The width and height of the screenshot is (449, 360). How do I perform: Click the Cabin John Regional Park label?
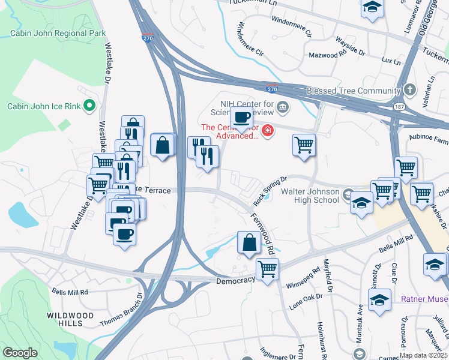pos(58,33)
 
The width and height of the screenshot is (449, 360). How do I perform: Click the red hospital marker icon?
pos(267,130)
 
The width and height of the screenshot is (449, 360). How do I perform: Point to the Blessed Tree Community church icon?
pos(410,91)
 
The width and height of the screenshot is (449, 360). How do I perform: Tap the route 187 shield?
pos(399,106)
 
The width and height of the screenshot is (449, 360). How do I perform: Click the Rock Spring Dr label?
pos(271,187)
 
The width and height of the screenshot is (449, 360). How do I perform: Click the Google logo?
pos(20,353)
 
